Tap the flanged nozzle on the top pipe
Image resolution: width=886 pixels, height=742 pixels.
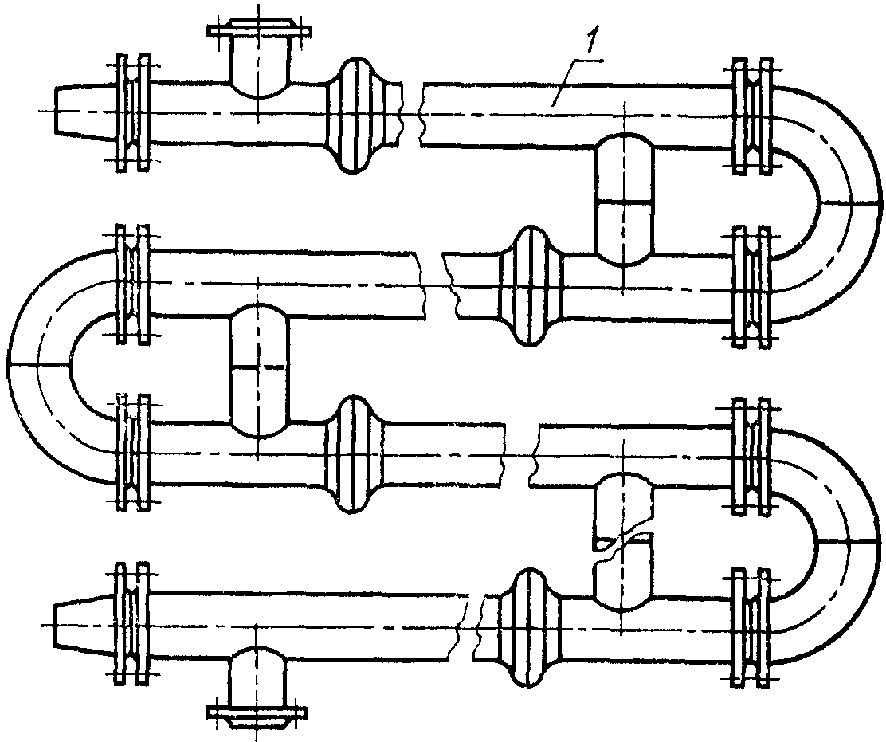point(258,59)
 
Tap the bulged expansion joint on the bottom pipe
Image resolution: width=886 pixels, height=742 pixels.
point(529,627)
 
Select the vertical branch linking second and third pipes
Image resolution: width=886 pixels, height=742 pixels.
point(260,370)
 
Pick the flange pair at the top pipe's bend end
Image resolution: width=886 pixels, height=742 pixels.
point(751,115)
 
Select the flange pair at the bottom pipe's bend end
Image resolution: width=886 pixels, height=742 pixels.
point(751,627)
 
